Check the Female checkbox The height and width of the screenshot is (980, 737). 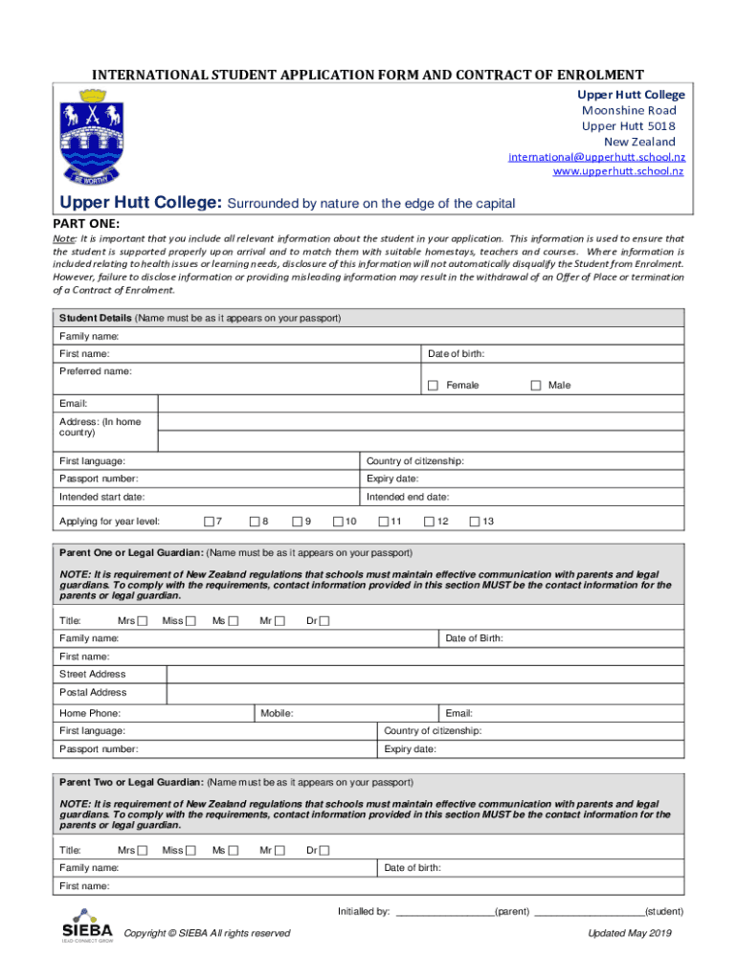[433, 386]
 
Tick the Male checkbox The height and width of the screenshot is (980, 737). [536, 386]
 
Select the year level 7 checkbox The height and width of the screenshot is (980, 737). [208, 522]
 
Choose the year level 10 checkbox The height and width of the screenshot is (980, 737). [338, 522]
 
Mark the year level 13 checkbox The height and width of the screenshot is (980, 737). [474, 522]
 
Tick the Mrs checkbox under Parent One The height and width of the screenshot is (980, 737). [142, 621]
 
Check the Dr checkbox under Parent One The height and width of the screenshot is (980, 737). [324, 621]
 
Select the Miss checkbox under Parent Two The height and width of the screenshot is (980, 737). [190, 850]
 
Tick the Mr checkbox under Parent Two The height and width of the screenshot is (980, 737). [279, 850]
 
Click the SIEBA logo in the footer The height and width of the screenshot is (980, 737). [87, 929]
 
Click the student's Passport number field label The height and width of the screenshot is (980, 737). [99, 479]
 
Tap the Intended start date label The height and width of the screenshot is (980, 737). [102, 497]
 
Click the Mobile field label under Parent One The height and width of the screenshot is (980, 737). [277, 713]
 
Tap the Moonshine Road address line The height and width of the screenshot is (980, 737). [629, 111]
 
